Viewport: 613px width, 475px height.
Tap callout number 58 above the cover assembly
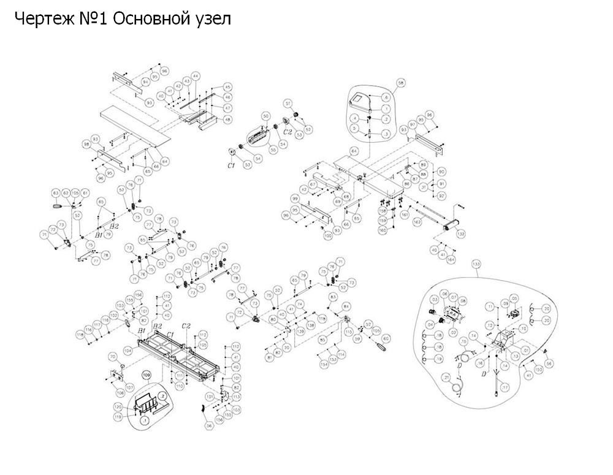coord(401,82)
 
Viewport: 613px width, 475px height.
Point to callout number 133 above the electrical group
coord(476,265)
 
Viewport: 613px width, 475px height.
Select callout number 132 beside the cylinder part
coord(461,234)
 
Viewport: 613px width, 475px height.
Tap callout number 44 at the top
coord(196,76)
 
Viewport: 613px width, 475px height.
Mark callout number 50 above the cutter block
coord(266,116)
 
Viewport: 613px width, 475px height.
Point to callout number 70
coord(112,357)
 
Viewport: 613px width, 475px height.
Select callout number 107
coord(129,387)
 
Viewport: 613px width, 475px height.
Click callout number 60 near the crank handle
coord(386,338)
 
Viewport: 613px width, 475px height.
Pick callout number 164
coord(452,260)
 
